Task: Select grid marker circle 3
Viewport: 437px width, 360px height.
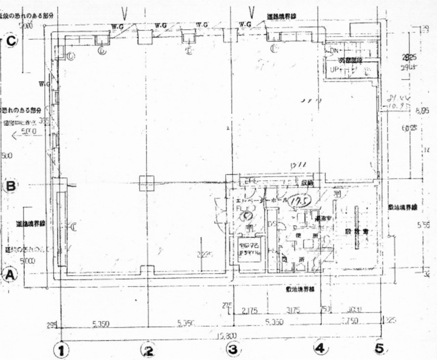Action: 233,349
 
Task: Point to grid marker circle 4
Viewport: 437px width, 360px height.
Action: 319,348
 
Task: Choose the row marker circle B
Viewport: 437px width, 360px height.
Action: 10,186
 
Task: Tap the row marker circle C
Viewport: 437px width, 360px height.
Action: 11,41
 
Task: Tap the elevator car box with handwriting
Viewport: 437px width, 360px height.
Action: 249,250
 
